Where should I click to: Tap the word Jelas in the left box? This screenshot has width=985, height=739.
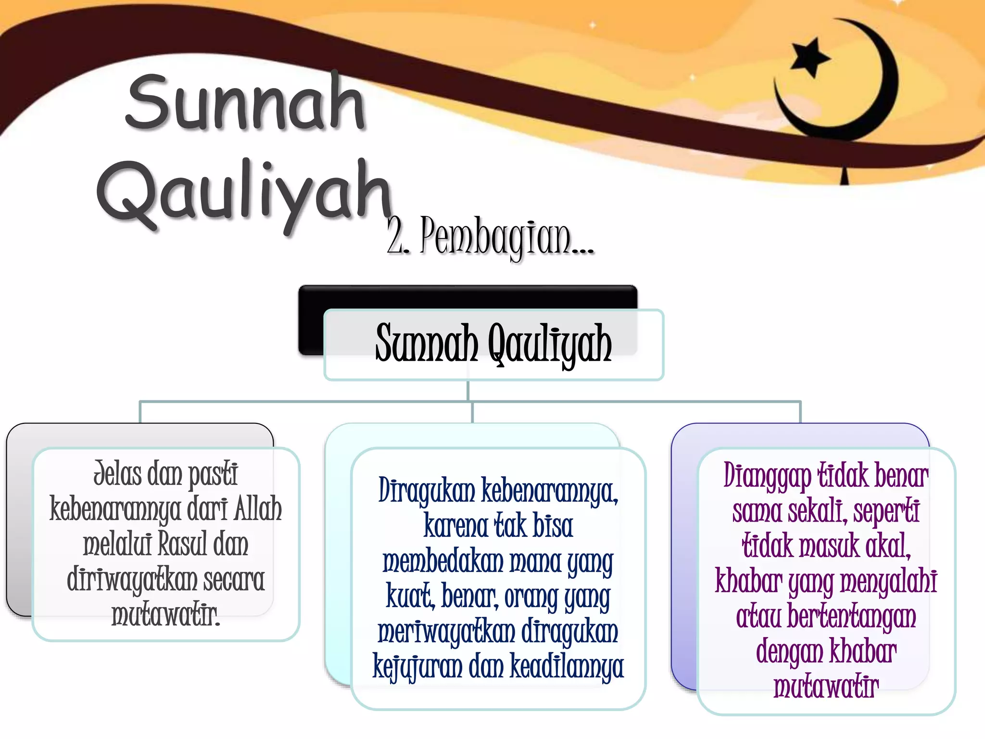tap(117, 474)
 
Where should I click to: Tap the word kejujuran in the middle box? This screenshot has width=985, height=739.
tap(417, 667)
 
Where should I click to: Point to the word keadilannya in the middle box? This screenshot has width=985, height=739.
tap(567, 667)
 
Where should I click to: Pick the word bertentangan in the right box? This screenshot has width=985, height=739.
tap(851, 616)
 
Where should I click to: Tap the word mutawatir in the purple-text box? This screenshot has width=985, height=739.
tap(826, 687)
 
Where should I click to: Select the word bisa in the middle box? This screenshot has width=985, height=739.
tap(553, 526)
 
